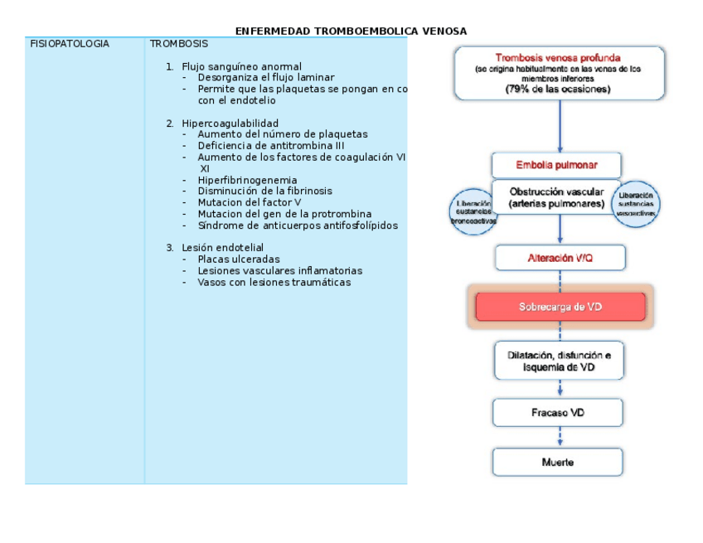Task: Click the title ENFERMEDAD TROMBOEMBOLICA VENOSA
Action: coord(351,32)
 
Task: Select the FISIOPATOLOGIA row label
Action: coord(70,44)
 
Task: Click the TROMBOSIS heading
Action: coord(179,44)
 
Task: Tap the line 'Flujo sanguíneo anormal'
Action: coord(241,66)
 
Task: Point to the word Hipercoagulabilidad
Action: coord(230,123)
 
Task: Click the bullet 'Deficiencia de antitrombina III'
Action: coord(271,146)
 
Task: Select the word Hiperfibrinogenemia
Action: coord(247,180)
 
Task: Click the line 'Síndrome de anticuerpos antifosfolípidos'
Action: coord(298,225)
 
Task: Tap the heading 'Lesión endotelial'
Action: coord(222,248)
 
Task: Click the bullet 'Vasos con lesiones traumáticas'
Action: coord(274,283)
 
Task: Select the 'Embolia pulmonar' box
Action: coord(556,165)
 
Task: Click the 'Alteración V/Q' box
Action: coord(560,258)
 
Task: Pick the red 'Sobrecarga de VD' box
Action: coord(560,307)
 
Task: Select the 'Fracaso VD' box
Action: coord(558,412)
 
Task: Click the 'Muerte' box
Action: coord(558,463)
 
